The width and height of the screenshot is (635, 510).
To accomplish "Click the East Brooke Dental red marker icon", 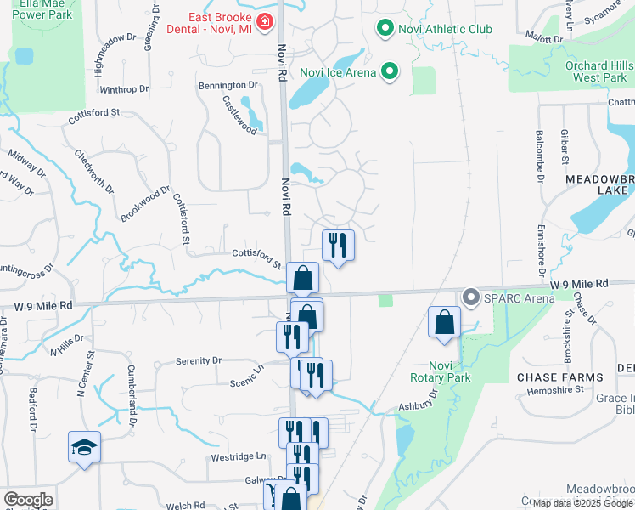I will [266, 21].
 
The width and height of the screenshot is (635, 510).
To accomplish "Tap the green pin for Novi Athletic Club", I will [385, 30].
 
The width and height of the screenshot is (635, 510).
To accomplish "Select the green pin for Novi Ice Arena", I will [390, 71].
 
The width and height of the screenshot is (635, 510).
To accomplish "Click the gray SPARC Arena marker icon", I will [470, 297].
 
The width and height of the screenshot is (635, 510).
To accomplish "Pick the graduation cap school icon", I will [84, 447].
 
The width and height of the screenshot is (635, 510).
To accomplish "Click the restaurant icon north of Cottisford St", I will [338, 246].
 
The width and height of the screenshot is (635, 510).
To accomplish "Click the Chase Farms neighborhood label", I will [560, 377].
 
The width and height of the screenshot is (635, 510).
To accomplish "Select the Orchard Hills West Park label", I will [601, 71].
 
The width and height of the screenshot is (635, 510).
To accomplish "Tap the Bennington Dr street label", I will [228, 85].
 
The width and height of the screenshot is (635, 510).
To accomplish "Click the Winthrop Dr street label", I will [124, 88].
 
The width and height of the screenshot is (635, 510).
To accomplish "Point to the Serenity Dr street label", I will [198, 360].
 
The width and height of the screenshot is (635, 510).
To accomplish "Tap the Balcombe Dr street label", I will [539, 156].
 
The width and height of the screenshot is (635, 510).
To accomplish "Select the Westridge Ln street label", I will [239, 456].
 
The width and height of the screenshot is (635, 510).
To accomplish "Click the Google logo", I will [28, 500].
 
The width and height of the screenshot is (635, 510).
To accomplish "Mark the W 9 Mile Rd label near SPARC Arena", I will [579, 283].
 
